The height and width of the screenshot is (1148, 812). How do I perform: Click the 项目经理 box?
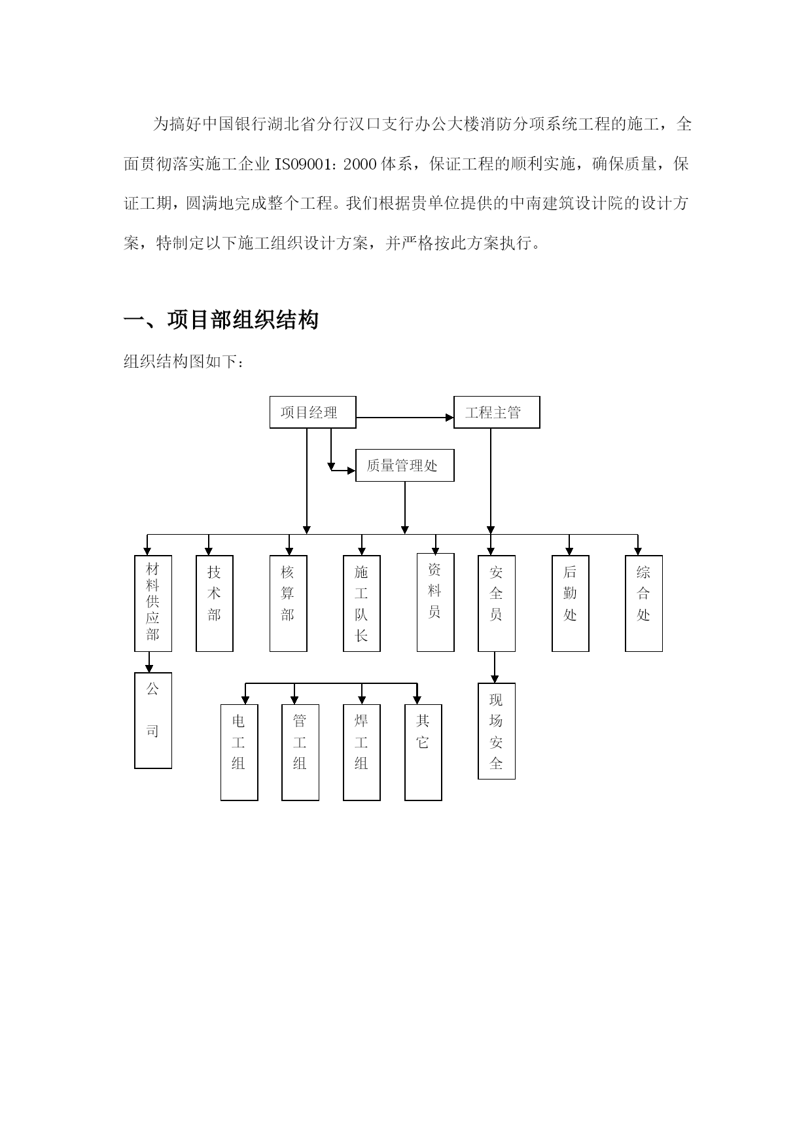tap(313, 412)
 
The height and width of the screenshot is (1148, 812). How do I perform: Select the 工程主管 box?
tap(497, 412)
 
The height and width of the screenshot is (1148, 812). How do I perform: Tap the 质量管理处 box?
tap(405, 465)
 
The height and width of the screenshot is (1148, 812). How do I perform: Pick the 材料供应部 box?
tap(153, 603)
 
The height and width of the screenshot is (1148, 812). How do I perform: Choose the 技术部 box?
tap(215, 603)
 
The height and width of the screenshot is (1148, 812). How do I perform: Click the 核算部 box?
tap(289, 603)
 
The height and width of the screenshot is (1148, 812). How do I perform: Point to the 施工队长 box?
tap(362, 603)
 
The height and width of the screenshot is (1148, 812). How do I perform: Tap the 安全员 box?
tap(497, 603)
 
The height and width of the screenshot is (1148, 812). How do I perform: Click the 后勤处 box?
tap(571, 603)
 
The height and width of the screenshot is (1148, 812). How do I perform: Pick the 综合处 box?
tap(644, 603)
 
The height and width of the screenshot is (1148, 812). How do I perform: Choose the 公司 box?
tap(153, 721)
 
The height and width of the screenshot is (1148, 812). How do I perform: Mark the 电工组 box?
tap(239, 753)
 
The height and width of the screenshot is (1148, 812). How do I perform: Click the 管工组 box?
tap(300, 753)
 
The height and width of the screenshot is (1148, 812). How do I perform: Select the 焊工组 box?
tap(362, 753)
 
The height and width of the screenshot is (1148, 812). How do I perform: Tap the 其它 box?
tap(423, 753)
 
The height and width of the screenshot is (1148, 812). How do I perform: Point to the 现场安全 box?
tap(497, 731)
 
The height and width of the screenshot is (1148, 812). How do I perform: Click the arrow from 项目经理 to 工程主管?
tap(405, 418)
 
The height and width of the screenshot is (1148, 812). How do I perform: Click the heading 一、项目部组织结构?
tap(221, 320)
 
